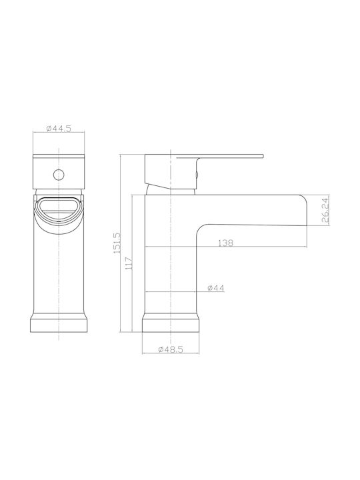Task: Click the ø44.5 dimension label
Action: (59, 129)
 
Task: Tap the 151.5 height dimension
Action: (117, 243)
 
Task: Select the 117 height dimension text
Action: (129, 263)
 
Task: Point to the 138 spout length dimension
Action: (225, 243)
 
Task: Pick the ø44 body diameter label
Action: (215, 288)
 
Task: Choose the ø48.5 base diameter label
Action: (171, 349)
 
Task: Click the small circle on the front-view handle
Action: (59, 175)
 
